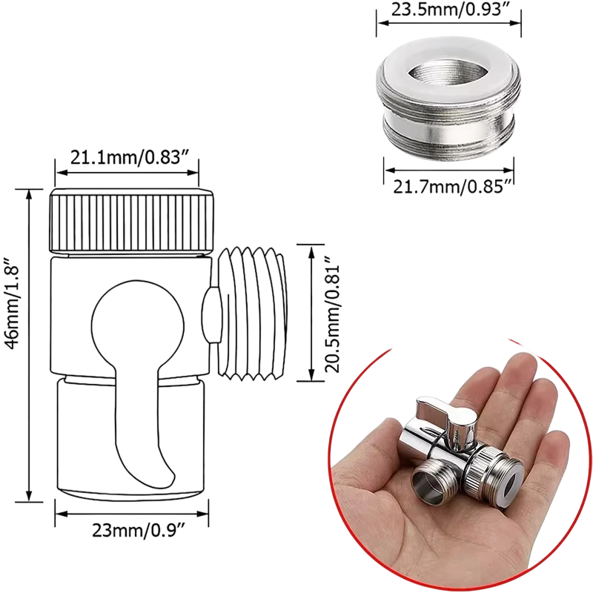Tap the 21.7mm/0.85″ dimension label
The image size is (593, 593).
[x=452, y=186]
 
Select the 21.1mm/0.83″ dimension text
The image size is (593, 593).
[x=130, y=157]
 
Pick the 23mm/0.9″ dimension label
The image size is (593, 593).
[x=138, y=531]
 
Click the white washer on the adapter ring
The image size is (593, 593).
[x=448, y=76]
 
